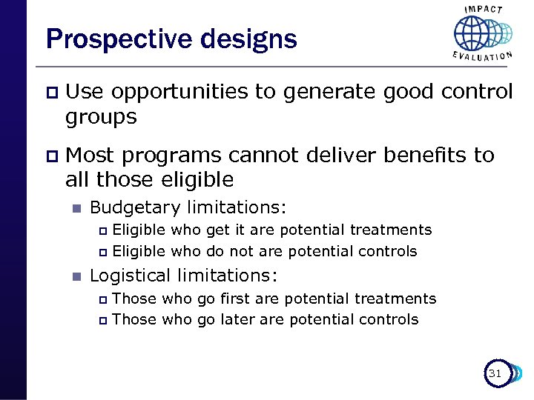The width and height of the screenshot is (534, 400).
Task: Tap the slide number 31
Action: (x=495, y=374)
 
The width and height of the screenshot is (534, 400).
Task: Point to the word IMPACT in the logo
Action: (x=484, y=10)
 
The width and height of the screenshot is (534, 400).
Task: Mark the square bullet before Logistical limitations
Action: (x=74, y=276)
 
